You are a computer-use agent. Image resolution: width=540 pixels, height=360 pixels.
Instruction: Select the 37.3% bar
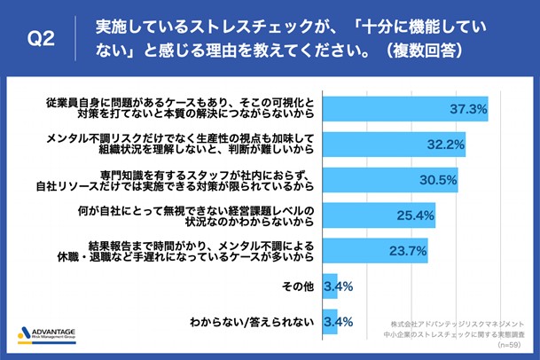pos(408,110)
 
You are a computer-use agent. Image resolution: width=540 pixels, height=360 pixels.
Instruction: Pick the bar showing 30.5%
pos(390,179)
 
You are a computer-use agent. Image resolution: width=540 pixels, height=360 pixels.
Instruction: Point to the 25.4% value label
pos(416,215)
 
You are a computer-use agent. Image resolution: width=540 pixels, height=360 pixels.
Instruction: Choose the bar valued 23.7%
pos(376,249)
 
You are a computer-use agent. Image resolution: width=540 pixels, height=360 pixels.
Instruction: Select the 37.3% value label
pos(470,110)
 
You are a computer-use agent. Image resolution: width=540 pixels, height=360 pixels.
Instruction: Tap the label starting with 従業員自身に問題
pos(181,110)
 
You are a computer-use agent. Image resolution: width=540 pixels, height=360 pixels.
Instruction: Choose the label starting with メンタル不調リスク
pos(181,145)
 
